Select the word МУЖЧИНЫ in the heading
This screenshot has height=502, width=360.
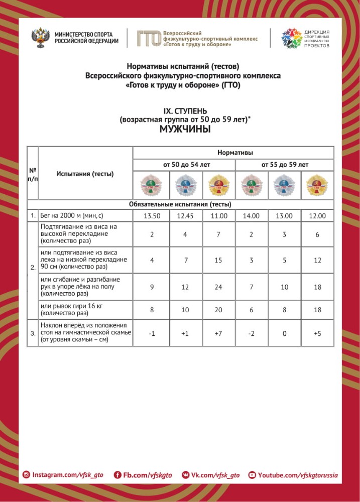[184, 129]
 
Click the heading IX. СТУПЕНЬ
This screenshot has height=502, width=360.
[184, 110]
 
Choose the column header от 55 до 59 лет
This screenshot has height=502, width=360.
[284, 164]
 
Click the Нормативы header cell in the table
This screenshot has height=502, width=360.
[234, 152]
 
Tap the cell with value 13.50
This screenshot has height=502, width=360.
[151, 216]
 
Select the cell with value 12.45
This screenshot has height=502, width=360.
[185, 216]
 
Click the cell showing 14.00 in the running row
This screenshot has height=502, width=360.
[251, 216]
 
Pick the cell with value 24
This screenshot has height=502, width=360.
[218, 286]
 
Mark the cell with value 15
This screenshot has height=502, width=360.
[218, 260]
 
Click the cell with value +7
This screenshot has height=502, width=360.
[218, 334]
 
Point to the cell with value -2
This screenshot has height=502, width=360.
[251, 334]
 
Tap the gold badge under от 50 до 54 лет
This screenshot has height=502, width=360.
[218, 186]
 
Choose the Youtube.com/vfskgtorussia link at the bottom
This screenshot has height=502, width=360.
[293, 475]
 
